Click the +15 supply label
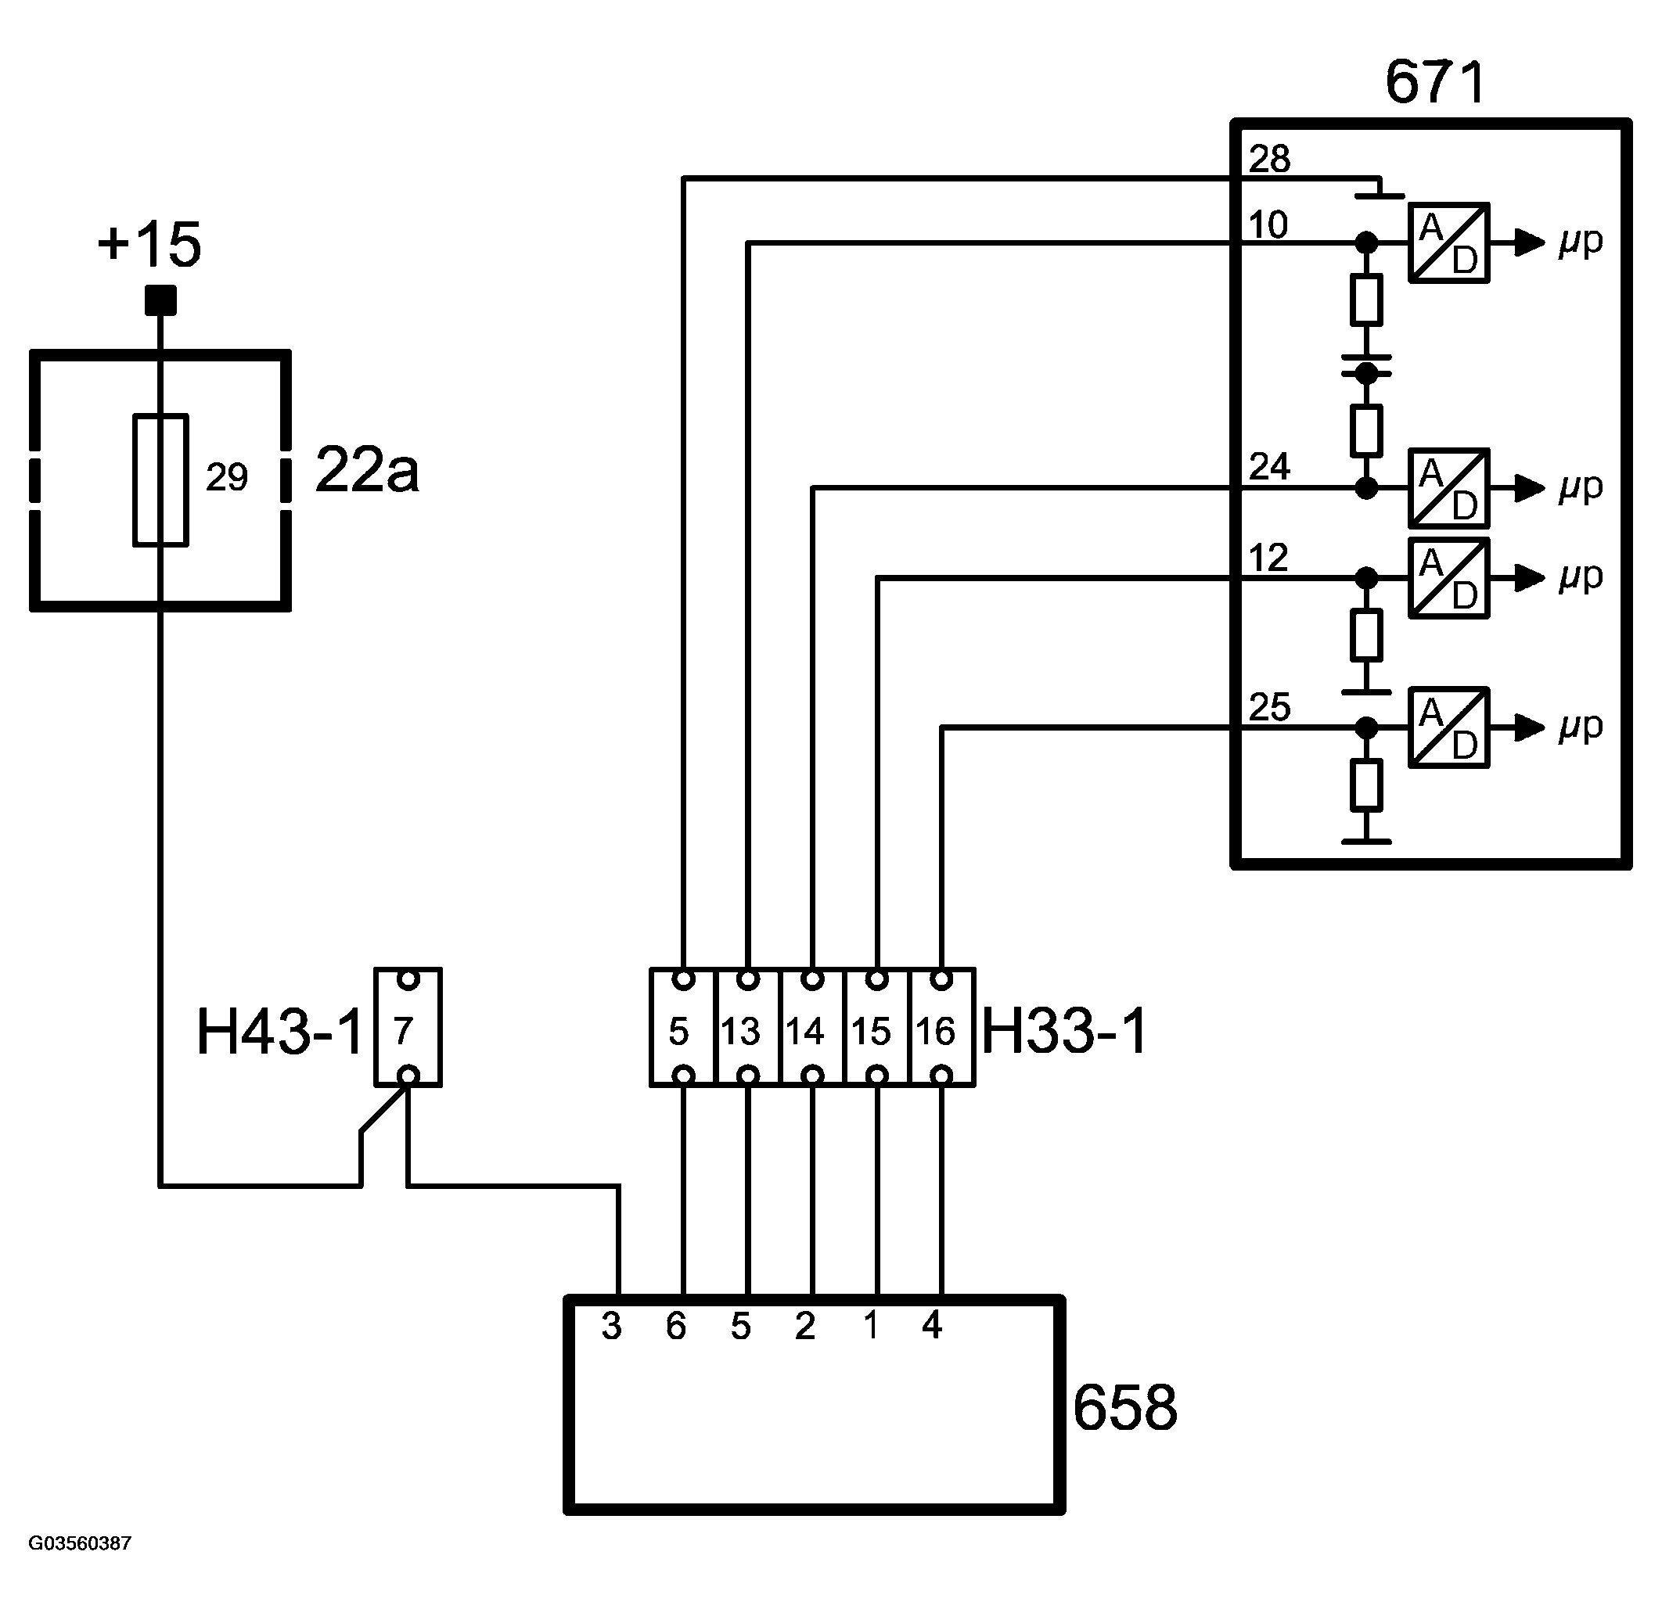[149, 245]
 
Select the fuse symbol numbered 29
[160, 479]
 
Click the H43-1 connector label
[280, 1032]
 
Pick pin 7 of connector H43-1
[403, 1032]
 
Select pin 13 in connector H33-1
[740, 1032]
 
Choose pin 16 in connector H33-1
[935, 1032]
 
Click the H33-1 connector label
[1064, 1031]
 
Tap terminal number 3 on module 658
[611, 1326]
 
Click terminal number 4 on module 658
[932, 1324]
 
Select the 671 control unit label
[1436, 82]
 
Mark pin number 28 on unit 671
[1269, 159]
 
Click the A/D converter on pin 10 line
[1449, 242]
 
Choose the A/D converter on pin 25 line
[1449, 727]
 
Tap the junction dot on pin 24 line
[1366, 487]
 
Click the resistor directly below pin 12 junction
[1366, 635]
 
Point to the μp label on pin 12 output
[1581, 576]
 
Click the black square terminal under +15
[160, 300]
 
